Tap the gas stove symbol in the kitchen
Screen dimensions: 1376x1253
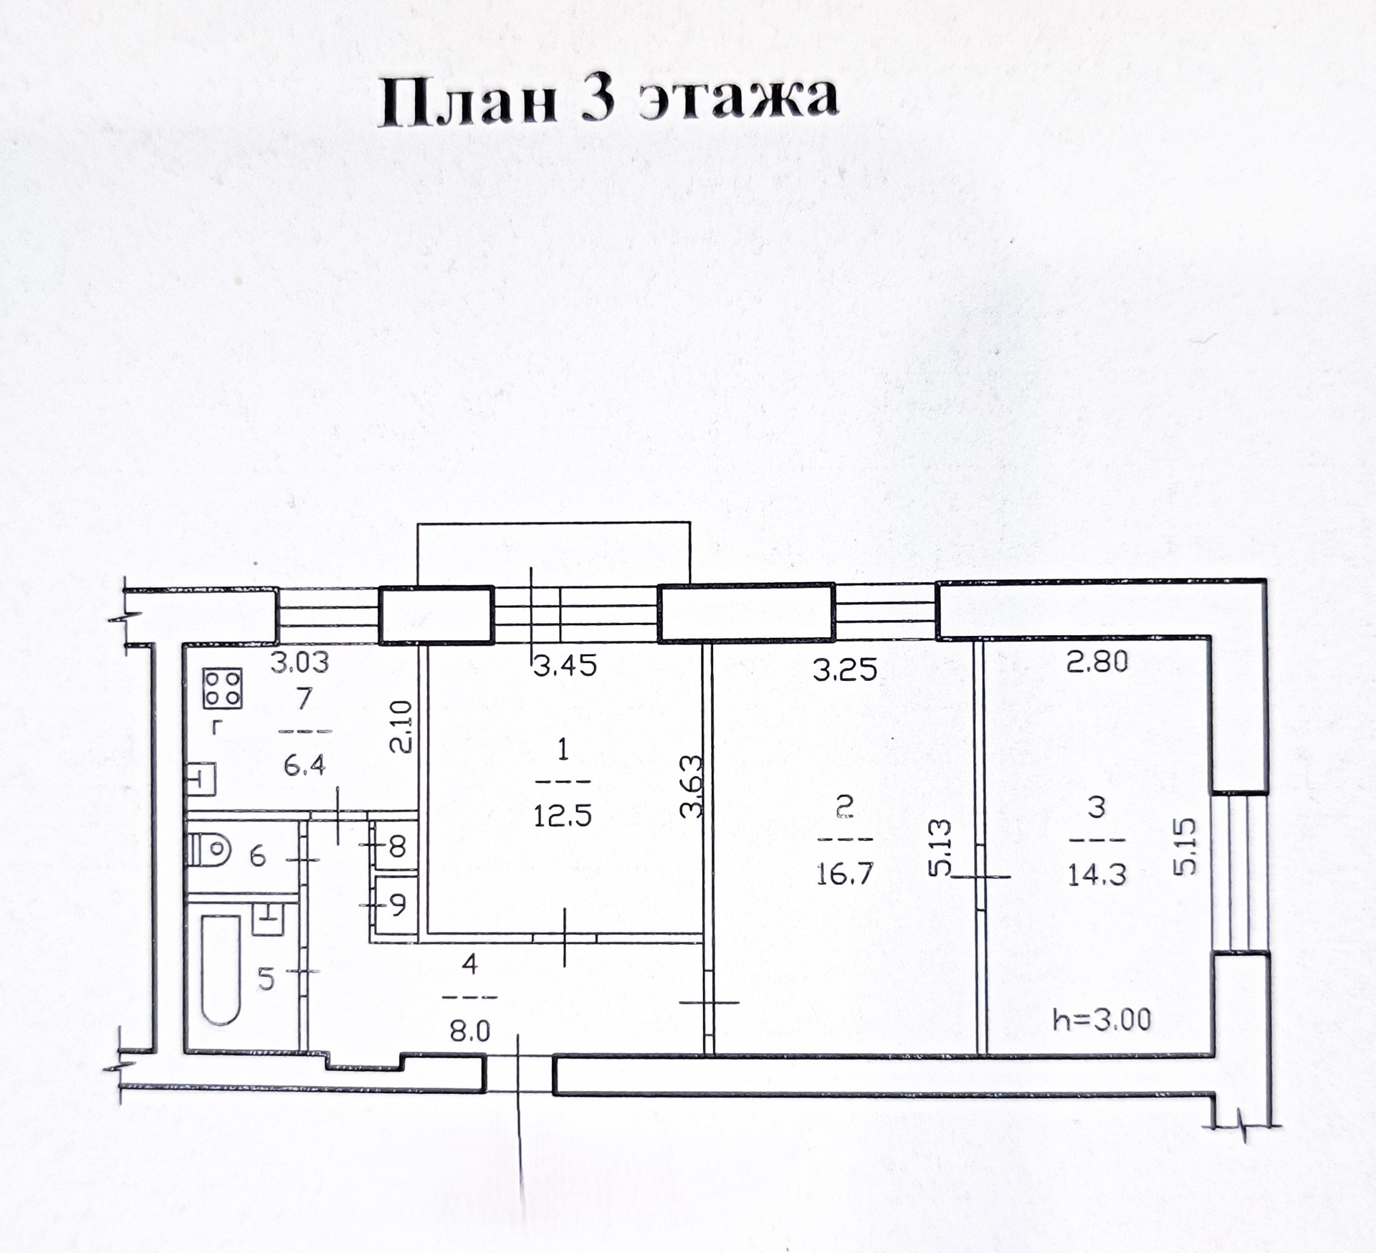click(x=222, y=688)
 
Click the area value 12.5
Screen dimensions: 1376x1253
click(x=563, y=816)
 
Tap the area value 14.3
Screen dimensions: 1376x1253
click(x=1097, y=875)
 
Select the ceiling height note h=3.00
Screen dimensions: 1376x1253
click(x=1102, y=1019)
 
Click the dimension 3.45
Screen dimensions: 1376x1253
click(x=565, y=666)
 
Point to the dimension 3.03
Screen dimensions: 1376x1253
click(x=300, y=662)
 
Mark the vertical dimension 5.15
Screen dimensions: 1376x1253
click(x=1186, y=846)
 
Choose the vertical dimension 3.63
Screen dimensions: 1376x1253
click(x=692, y=786)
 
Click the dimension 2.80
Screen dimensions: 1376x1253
click(x=1097, y=661)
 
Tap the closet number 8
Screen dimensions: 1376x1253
click(x=398, y=847)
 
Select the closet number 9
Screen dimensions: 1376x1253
click(x=398, y=905)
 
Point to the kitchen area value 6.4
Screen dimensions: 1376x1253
click(x=305, y=766)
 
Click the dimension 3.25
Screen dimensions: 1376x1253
click(x=845, y=669)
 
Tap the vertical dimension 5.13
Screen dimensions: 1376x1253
click(x=940, y=847)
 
